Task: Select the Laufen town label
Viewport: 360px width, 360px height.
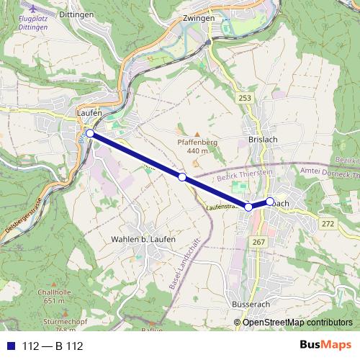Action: click(89, 114)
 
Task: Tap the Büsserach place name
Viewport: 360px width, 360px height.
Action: click(251, 305)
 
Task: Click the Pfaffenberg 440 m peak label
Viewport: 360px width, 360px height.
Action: click(197, 146)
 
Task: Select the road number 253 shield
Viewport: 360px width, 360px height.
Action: click(246, 96)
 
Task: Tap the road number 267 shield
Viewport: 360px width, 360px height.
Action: click(258, 242)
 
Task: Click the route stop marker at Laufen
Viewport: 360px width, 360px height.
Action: click(89, 133)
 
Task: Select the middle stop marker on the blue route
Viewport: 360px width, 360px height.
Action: click(182, 177)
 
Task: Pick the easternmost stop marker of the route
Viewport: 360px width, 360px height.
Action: click(270, 202)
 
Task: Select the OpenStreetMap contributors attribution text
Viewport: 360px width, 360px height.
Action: click(297, 323)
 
